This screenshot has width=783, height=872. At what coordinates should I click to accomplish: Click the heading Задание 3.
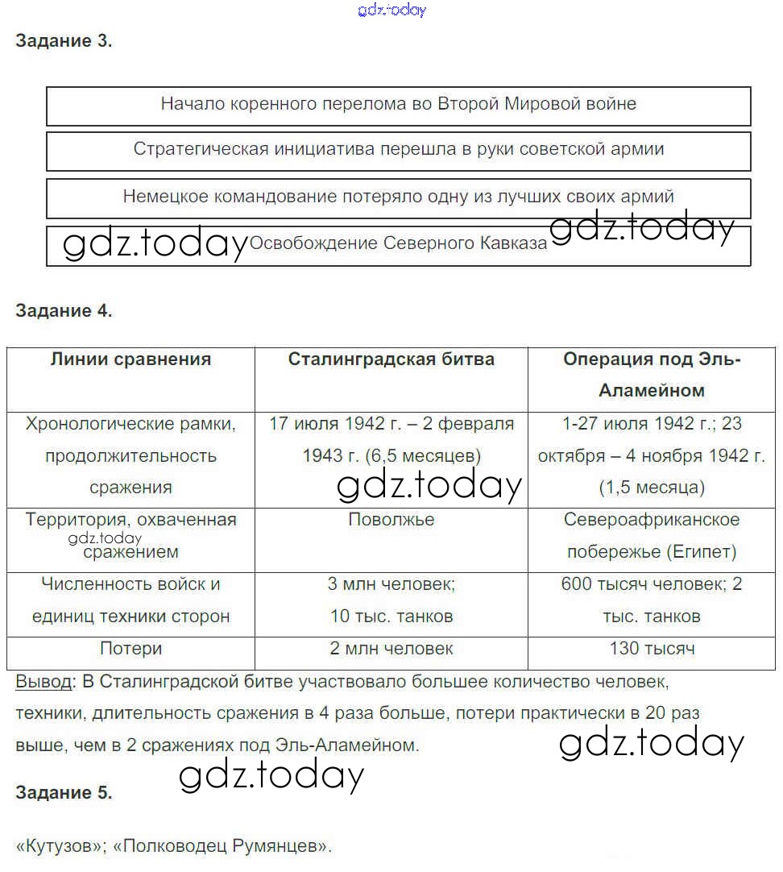64,42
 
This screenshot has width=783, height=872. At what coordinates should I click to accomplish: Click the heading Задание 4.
64,311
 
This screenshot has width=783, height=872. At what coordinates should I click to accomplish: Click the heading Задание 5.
64,792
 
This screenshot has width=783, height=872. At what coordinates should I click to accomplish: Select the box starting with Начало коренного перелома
398,104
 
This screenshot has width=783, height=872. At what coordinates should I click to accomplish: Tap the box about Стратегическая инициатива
398,149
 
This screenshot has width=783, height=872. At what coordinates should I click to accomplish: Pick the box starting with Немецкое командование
398,197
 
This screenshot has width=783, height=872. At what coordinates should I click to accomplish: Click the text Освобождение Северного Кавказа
398,243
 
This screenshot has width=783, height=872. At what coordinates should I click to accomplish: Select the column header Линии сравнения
130,359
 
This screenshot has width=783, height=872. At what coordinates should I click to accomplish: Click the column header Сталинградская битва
391,359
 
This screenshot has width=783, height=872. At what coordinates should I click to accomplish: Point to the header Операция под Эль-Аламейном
652,375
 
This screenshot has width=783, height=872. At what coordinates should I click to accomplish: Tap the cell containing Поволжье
391,520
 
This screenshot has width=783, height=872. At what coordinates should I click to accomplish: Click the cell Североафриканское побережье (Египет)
652,536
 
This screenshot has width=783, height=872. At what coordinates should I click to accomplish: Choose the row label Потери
130,649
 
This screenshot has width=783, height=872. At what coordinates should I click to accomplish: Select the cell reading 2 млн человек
391,649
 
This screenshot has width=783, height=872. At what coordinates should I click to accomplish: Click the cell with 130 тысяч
652,649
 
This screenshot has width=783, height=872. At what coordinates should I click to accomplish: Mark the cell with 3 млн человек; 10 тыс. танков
391,600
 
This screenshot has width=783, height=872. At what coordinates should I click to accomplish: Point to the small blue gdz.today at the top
391,10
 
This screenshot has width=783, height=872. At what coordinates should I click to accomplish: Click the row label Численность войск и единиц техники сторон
130,600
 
